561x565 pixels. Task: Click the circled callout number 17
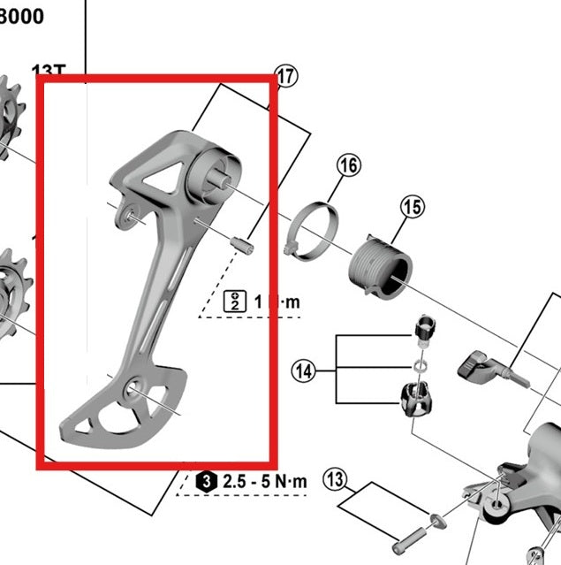(x=287, y=77)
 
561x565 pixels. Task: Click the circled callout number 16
(x=348, y=165)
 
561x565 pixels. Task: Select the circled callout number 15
(x=413, y=208)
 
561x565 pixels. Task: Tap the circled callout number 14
(x=304, y=371)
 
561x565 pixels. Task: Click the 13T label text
(x=49, y=70)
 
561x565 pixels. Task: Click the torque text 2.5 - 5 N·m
(x=264, y=482)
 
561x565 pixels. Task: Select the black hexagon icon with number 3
(x=206, y=482)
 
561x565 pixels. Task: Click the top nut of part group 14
(x=424, y=330)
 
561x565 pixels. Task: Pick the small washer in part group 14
(x=417, y=363)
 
